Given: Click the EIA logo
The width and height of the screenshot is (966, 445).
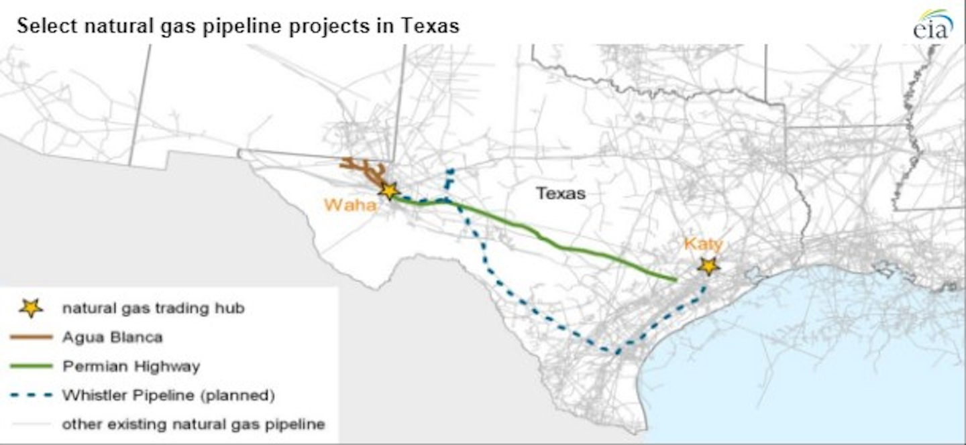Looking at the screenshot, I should (x=932, y=25).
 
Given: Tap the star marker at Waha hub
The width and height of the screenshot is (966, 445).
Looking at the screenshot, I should (x=388, y=190).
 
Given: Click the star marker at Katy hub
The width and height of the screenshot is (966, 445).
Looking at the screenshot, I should (x=708, y=266).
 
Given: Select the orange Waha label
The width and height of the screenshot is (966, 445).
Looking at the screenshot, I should (x=350, y=205).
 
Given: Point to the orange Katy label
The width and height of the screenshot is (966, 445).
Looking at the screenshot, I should (x=703, y=244).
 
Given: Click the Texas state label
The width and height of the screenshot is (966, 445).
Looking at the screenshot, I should (x=560, y=194).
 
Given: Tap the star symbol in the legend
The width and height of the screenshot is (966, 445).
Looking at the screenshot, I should (x=31, y=308).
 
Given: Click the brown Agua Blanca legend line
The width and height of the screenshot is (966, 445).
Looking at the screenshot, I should (x=31, y=337).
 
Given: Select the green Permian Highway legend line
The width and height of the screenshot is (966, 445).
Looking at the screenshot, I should (x=31, y=366).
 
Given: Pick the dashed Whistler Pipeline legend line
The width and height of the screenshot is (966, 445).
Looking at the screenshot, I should (x=31, y=395).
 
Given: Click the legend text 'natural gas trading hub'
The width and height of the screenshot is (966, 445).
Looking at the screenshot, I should (x=153, y=308).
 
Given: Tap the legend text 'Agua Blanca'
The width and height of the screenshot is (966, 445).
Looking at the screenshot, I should (x=112, y=337).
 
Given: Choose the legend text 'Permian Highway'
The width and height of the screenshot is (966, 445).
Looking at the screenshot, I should (x=131, y=366).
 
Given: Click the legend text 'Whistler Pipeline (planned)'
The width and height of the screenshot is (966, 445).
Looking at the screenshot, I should (x=168, y=395).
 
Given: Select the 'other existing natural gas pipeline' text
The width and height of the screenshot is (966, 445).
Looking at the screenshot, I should (x=193, y=424).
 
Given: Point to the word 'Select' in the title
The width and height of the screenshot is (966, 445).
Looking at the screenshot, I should (x=42, y=25).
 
